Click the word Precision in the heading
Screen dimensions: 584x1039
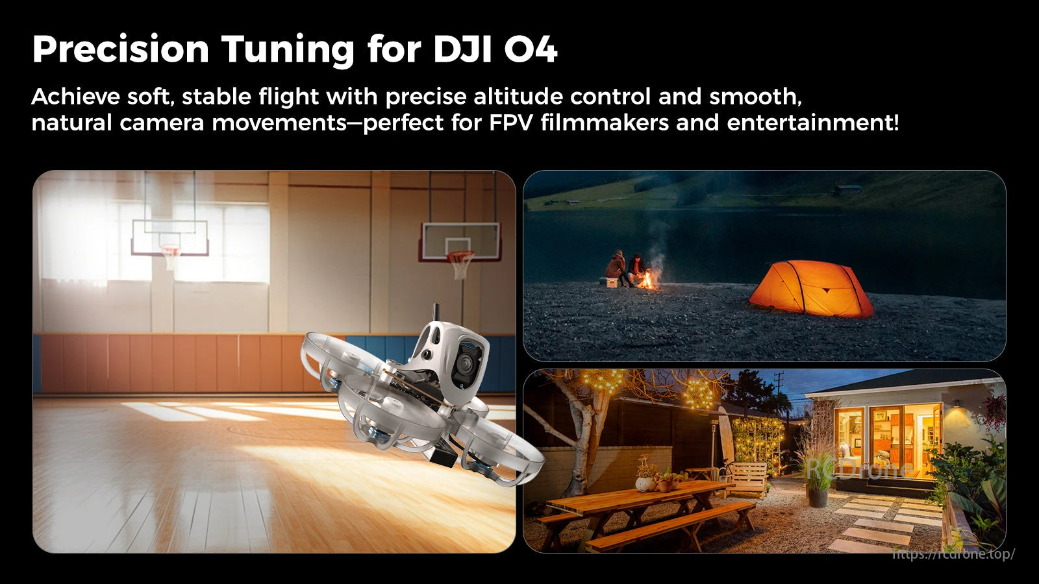click(x=120, y=49)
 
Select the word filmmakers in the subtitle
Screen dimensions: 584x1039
click(x=604, y=122)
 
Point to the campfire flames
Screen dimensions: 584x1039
click(x=647, y=280)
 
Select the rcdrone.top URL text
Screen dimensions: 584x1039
click(x=953, y=554)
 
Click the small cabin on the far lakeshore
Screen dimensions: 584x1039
click(x=847, y=190)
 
